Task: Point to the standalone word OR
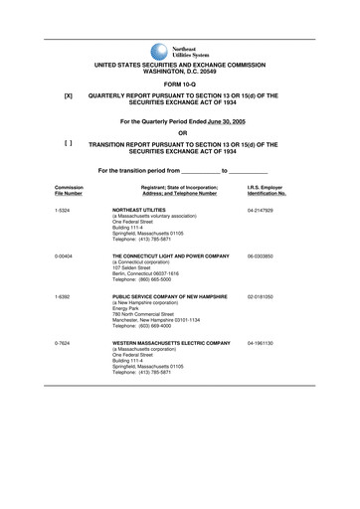tap(180, 132)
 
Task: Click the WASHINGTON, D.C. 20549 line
tap(180, 73)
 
